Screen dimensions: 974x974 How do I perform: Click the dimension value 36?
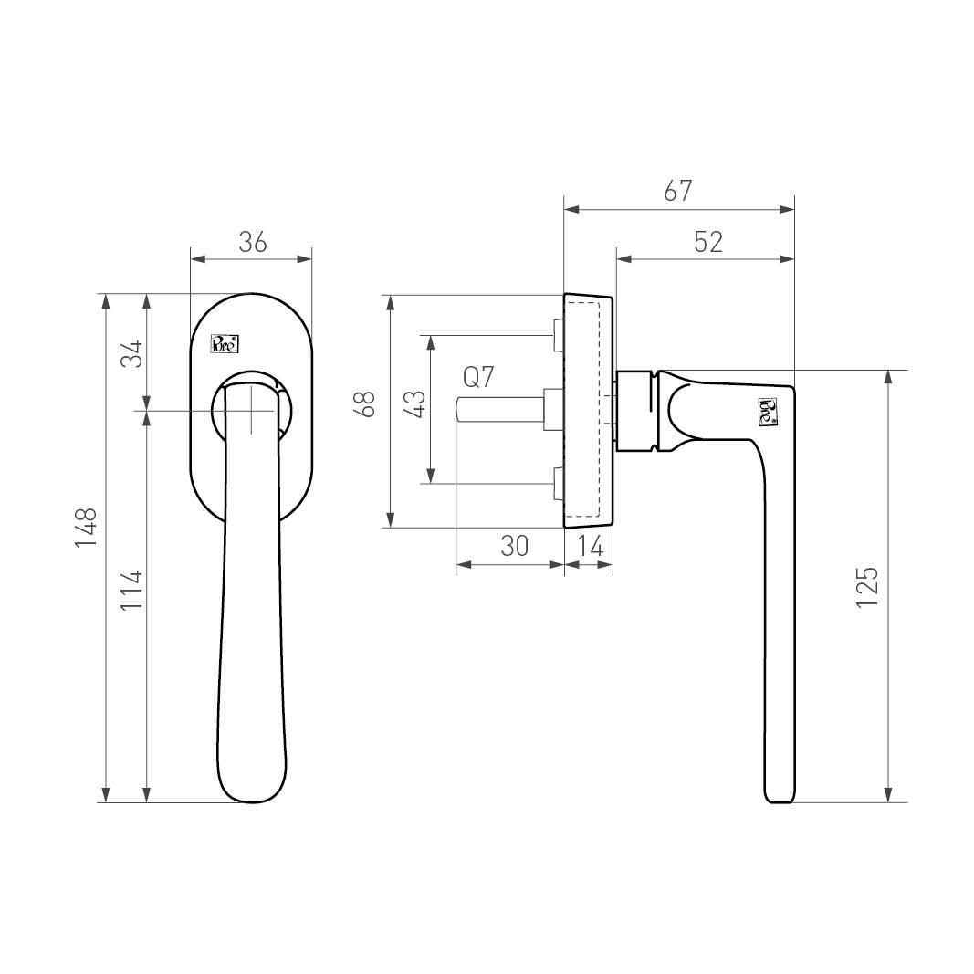[253, 242]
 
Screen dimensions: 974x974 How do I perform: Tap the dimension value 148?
[87, 528]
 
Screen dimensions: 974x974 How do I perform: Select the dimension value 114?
[131, 590]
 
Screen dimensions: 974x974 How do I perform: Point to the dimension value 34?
[131, 353]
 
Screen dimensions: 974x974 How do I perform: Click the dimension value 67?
[677, 191]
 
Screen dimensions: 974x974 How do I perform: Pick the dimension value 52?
[708, 242]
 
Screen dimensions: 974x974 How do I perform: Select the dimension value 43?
[414, 403]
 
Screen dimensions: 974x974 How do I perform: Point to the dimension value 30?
[514, 545]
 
